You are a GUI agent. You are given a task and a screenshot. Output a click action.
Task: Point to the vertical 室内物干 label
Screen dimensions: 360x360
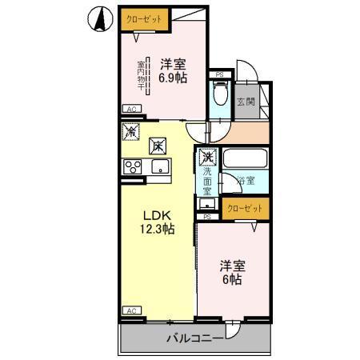tap(141, 77)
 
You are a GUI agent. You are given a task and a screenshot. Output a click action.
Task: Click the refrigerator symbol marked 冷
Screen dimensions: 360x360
tap(129, 131)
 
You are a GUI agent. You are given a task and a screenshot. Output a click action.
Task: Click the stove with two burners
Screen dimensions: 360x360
tap(131, 166)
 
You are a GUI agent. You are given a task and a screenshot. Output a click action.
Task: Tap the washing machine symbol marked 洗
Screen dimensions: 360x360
tap(208, 157)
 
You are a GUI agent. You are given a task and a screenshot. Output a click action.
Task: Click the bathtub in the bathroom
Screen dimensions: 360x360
tap(245, 159)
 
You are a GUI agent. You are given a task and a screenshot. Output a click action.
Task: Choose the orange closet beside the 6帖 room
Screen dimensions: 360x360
tap(244, 208)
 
